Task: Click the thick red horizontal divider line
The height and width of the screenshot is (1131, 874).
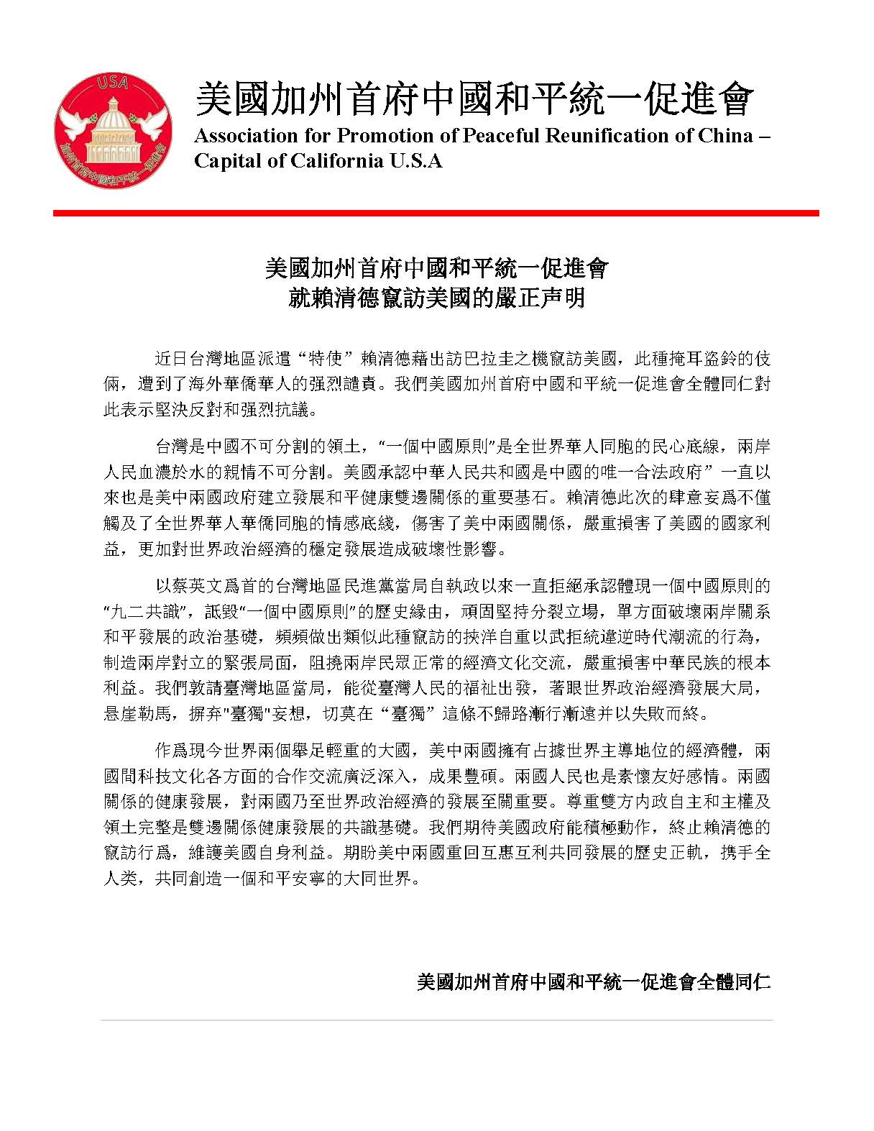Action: point(436,213)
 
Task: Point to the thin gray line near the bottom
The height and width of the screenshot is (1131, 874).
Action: point(436,1020)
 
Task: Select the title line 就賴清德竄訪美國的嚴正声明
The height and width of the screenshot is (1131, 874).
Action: point(436,298)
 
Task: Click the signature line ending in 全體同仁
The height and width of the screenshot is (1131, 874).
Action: point(594,981)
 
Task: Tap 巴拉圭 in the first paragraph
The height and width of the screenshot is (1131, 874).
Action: point(495,359)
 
